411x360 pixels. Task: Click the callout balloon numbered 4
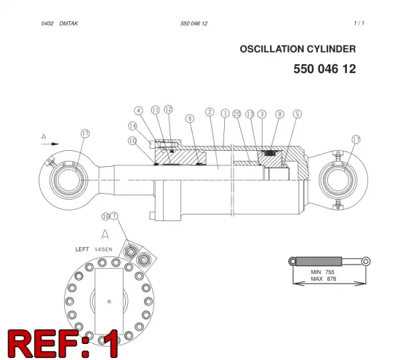(x=139, y=110)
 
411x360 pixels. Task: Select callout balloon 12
(x=168, y=109)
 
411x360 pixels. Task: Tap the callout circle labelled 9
(x=190, y=119)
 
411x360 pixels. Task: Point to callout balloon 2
(x=210, y=112)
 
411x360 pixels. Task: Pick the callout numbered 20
(x=237, y=114)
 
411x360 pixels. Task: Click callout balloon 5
(x=297, y=114)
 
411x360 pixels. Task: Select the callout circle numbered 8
(x=280, y=114)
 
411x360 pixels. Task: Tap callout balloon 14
(x=133, y=126)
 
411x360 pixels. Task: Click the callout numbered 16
(x=105, y=217)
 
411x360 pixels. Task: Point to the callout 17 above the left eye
(x=85, y=133)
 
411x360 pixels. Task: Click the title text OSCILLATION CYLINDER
(x=298, y=49)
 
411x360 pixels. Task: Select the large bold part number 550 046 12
(x=324, y=69)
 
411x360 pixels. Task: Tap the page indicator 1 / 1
(x=359, y=23)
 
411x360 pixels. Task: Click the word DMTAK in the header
(x=69, y=24)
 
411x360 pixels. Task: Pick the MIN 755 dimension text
(x=322, y=272)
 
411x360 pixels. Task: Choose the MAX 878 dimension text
(x=323, y=279)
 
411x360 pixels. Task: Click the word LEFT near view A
(x=82, y=249)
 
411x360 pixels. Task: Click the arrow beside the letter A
(x=50, y=144)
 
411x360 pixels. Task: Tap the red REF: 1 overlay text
(x=63, y=344)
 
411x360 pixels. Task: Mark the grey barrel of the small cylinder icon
(x=319, y=261)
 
